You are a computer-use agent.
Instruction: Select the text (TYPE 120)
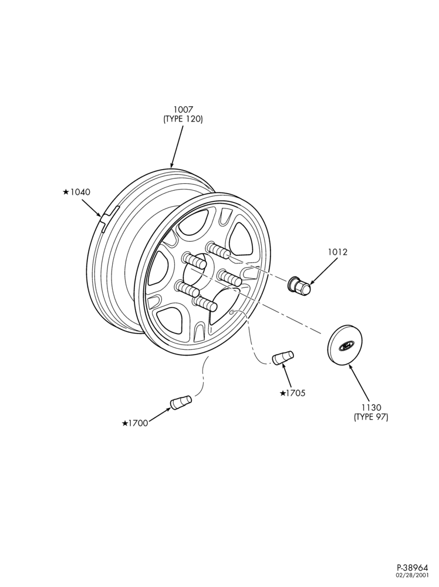[x=183, y=119]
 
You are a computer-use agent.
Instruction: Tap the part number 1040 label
[x=80, y=192]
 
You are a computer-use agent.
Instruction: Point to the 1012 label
[x=337, y=252]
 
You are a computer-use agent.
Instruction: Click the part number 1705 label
[x=296, y=393]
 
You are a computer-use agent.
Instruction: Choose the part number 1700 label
[x=138, y=423]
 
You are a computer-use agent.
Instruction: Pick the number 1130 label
[x=371, y=407]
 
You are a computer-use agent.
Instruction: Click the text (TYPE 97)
[x=371, y=417]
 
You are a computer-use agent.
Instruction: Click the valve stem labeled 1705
[x=283, y=357]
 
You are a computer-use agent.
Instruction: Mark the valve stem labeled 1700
[x=181, y=402]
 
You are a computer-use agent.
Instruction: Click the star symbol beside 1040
[x=66, y=192]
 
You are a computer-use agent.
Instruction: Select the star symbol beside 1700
[x=124, y=423]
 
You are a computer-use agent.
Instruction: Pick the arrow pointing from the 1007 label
[x=177, y=147]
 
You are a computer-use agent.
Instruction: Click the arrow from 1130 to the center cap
[x=359, y=383]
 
